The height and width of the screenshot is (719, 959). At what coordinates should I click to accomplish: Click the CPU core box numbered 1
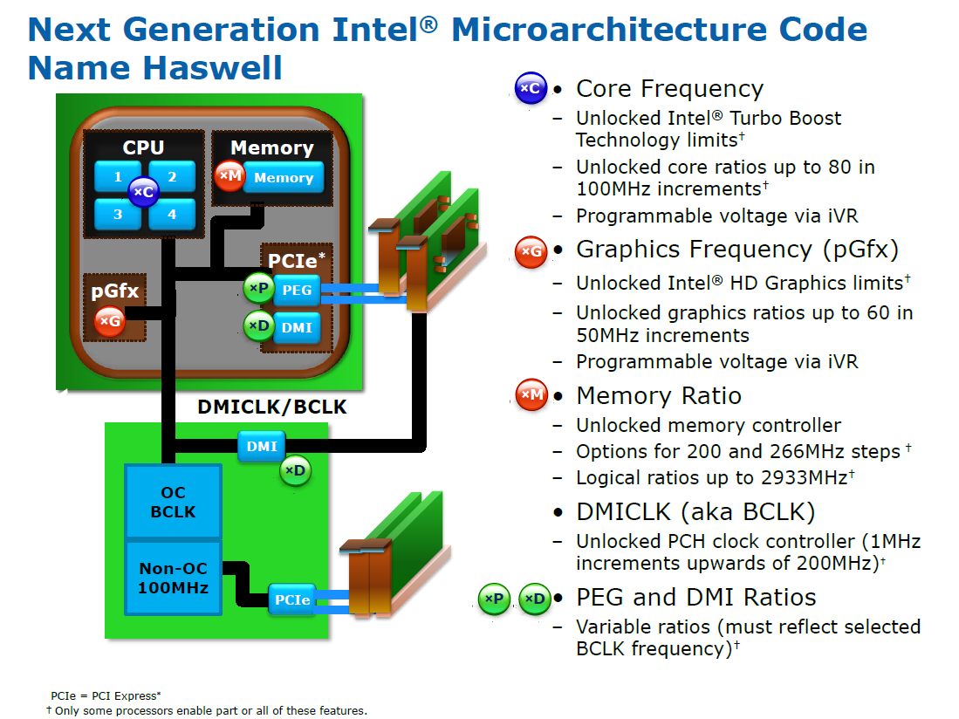pos(117,176)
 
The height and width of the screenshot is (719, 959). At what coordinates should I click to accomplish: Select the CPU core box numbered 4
pos(173,215)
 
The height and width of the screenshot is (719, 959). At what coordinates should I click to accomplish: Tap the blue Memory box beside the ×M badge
pos(284,177)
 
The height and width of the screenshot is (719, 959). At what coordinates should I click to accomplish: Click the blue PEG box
pos(298,290)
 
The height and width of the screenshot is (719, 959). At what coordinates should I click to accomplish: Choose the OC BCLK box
pos(173,502)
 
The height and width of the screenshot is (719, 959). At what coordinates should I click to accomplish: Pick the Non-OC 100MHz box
pos(173,578)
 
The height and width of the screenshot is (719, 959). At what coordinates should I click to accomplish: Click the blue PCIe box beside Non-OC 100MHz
pos(292,599)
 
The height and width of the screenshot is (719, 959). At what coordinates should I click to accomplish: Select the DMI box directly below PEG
pos(298,328)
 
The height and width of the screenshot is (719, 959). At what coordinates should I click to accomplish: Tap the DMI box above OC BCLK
pos(262,446)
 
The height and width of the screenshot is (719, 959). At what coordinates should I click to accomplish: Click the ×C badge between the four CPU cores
pos(144,191)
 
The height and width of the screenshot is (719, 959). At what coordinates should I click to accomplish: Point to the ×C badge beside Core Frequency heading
pos(531,88)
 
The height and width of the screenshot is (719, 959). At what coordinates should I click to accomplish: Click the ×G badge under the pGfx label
pos(110,321)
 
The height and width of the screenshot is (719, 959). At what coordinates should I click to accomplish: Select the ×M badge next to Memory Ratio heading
pos(531,394)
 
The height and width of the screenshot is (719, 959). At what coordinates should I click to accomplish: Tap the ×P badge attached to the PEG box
pos(258,288)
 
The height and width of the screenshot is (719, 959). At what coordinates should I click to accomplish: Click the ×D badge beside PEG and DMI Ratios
pos(535,599)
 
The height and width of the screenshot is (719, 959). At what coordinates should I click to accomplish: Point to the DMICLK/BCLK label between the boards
pos(272,407)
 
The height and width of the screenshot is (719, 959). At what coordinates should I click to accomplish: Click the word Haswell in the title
pos(213,67)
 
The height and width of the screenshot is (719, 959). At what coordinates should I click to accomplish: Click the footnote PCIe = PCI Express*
pos(106,695)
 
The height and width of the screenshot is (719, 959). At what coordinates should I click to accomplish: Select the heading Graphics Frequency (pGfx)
pos(737,250)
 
